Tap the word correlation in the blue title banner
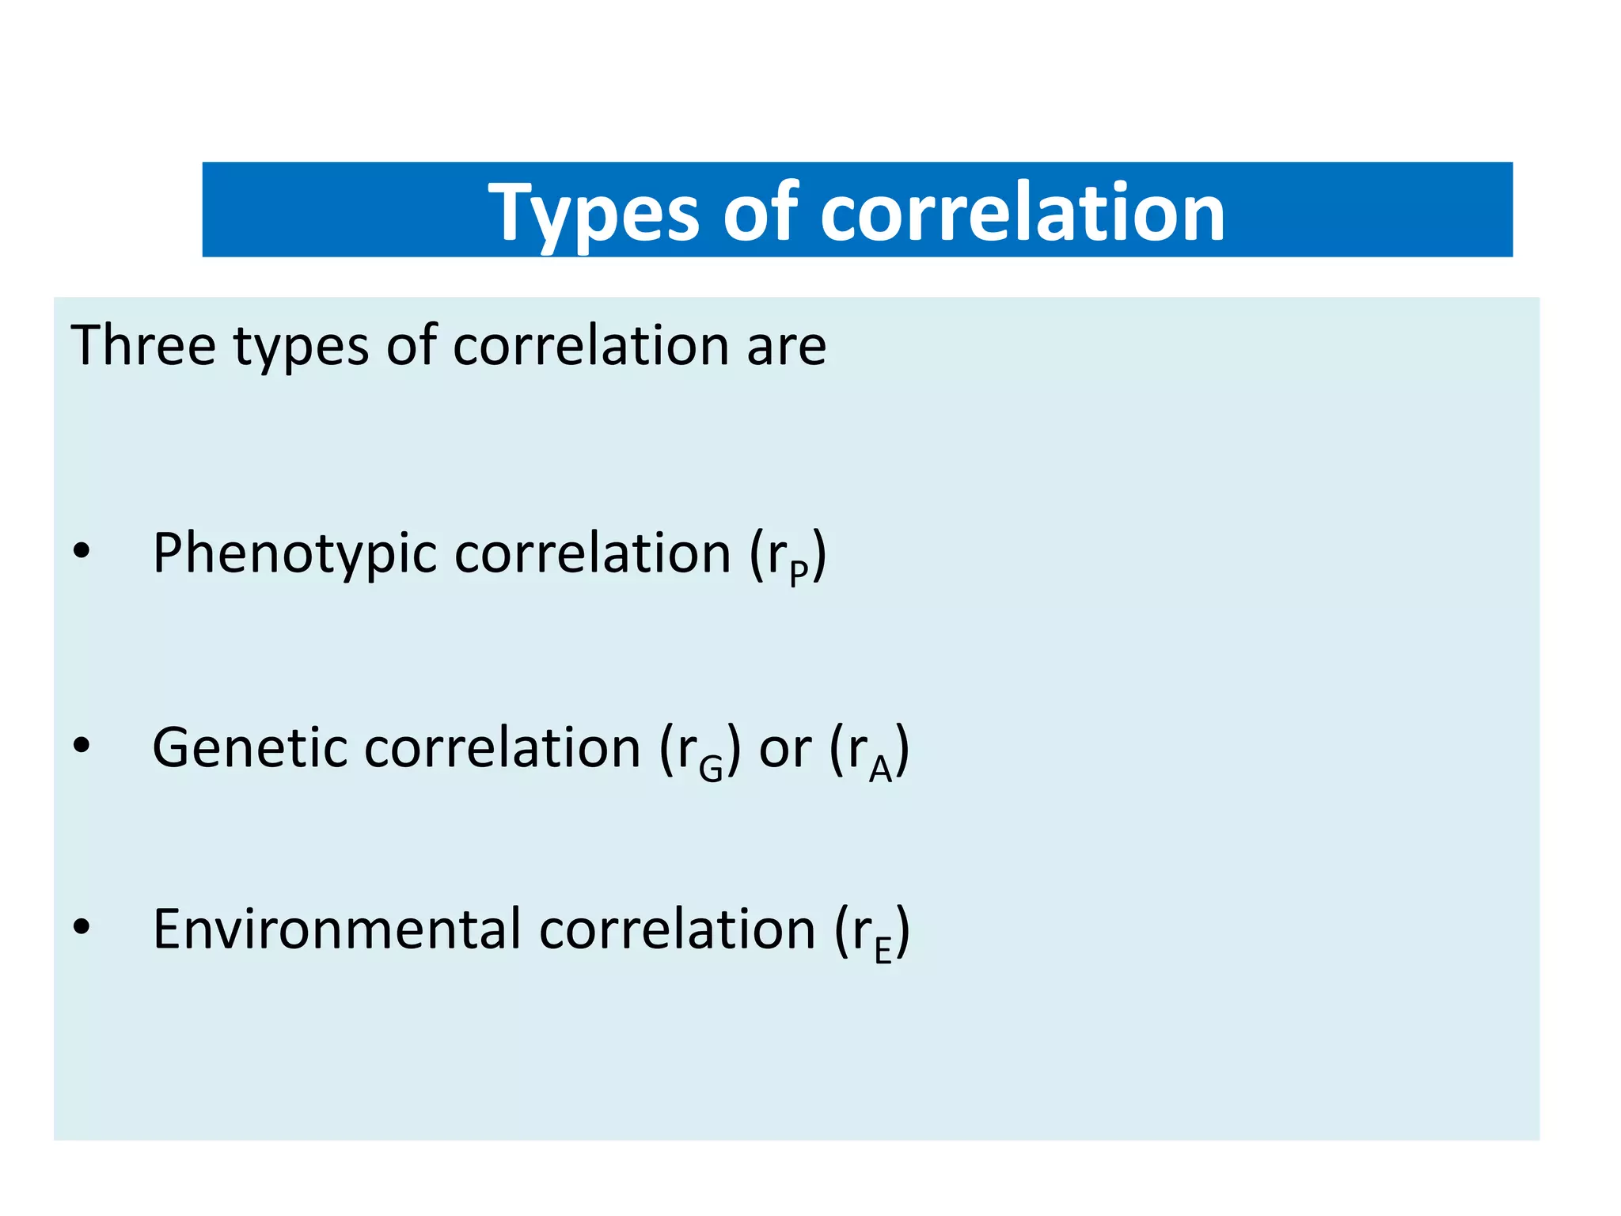(x=1023, y=212)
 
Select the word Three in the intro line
(x=142, y=346)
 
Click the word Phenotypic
(x=294, y=553)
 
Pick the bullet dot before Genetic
(x=82, y=745)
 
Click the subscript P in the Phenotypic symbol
(x=799, y=572)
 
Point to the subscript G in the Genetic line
(x=711, y=767)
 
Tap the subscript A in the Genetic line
(x=880, y=767)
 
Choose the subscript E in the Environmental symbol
(x=883, y=949)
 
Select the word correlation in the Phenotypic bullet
(x=592, y=553)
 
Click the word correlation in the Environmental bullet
(x=677, y=929)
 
